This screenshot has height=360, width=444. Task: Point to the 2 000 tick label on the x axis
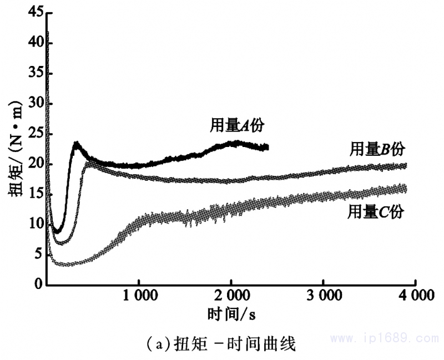click(230, 296)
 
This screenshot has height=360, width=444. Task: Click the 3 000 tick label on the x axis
click(323, 296)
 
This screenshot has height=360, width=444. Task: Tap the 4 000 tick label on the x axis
click(415, 296)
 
